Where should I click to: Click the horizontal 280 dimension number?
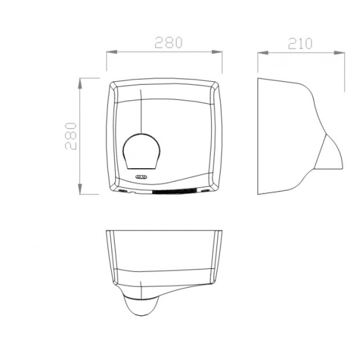[x=169, y=42]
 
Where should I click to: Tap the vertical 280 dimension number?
[x=71, y=136]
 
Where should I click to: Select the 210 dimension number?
[x=300, y=44]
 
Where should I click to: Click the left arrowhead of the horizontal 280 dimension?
[x=112, y=52]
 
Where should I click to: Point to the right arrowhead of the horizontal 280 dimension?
[x=217, y=52]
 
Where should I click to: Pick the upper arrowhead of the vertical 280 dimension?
[x=80, y=83]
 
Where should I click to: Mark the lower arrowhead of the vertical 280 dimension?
[x=80, y=189]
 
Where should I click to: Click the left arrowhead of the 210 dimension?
[x=263, y=53]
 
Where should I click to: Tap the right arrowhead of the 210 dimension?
[x=339, y=53]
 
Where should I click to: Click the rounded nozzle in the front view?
[x=141, y=152]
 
